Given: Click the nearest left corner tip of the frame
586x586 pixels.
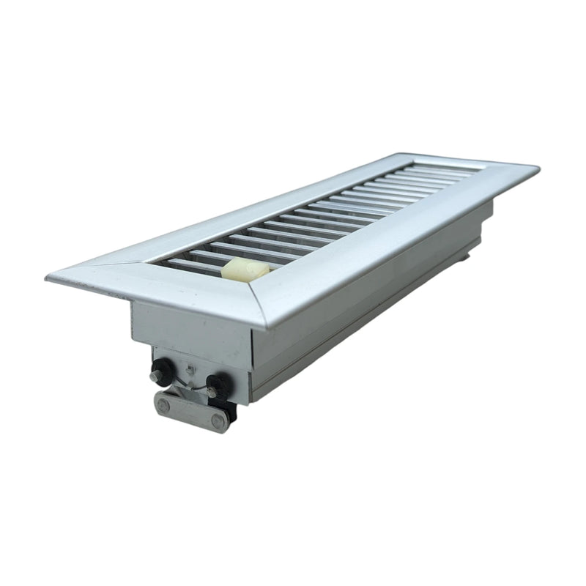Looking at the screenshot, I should pos(48,276).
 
